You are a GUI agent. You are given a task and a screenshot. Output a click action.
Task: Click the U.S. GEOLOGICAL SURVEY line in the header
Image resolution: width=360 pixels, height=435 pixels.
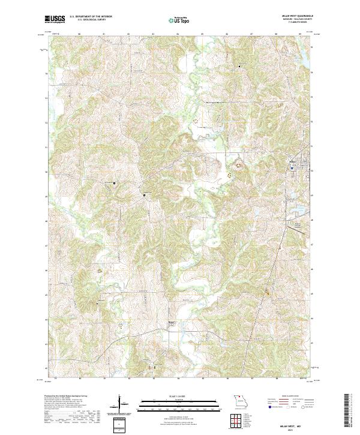pos(87,20)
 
